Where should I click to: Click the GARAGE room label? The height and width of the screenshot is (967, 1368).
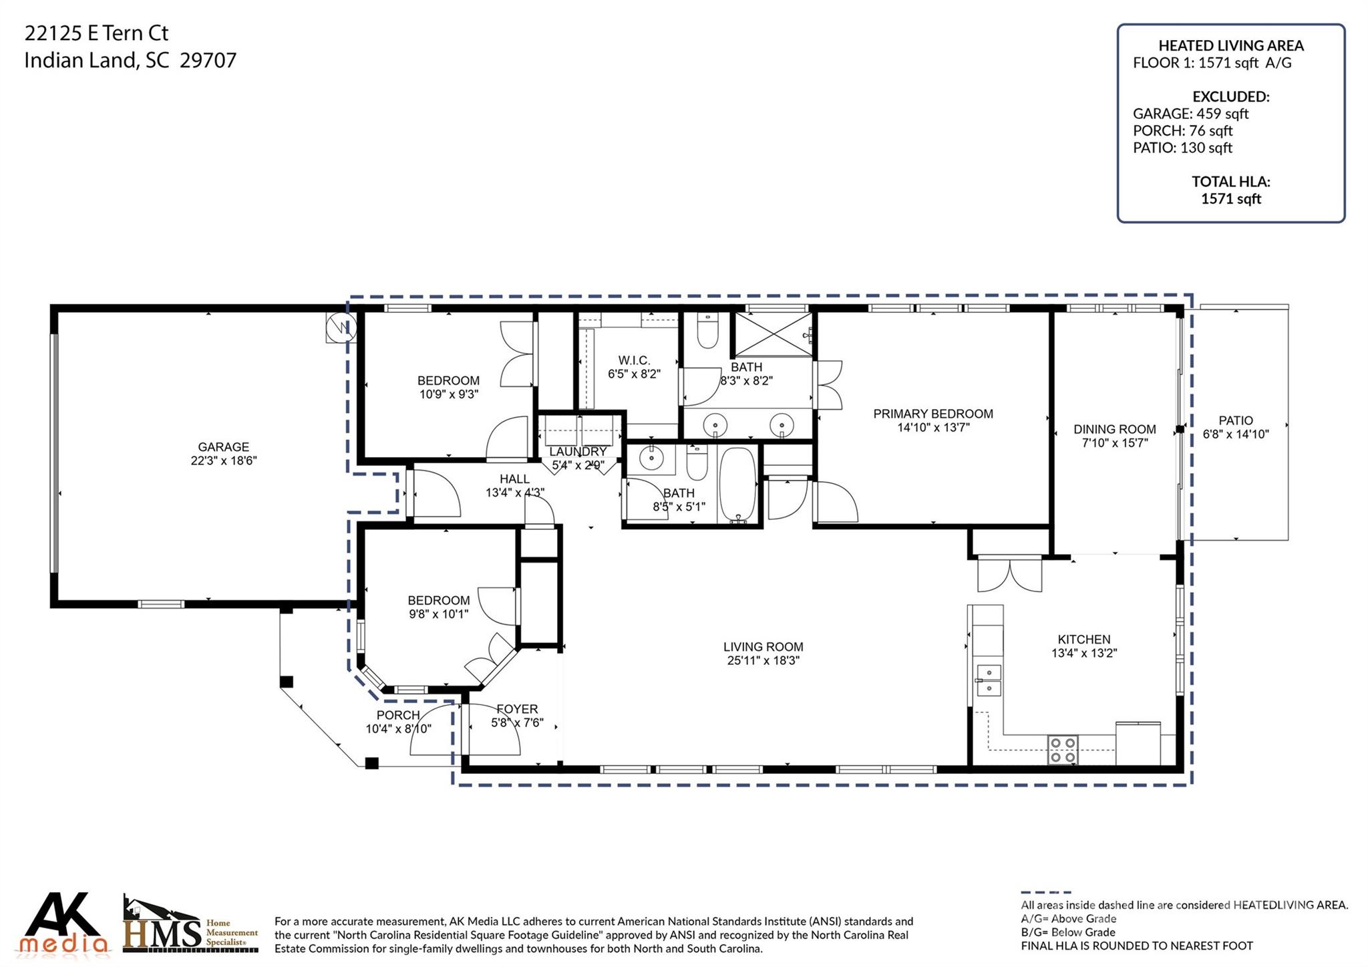coord(223,447)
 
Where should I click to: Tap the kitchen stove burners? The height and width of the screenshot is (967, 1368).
coord(1062,749)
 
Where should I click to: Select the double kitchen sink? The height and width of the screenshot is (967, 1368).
coord(989,680)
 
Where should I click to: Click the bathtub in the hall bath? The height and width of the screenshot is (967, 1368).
coord(738,484)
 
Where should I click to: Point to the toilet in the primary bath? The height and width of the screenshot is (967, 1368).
coord(707,331)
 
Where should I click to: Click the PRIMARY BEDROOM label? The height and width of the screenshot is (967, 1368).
coord(932,414)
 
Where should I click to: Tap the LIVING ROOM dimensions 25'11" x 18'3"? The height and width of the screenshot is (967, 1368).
coord(763,661)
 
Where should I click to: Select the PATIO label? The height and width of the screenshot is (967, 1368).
coord(1235,420)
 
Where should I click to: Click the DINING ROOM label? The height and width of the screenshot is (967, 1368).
coord(1114,429)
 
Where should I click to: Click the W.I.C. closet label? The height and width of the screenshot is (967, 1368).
coord(633,360)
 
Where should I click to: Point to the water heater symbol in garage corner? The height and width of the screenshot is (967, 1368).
coord(341,327)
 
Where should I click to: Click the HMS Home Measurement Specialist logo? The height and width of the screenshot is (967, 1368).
coord(190,926)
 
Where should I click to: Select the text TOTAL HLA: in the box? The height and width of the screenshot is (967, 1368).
coord(1230,181)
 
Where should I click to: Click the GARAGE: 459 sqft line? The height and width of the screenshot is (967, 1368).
coord(1190,114)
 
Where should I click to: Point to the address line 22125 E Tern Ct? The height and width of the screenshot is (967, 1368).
coord(96,33)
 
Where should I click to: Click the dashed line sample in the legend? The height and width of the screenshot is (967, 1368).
coord(1045,892)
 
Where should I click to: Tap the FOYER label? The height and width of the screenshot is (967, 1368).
coord(517,709)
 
